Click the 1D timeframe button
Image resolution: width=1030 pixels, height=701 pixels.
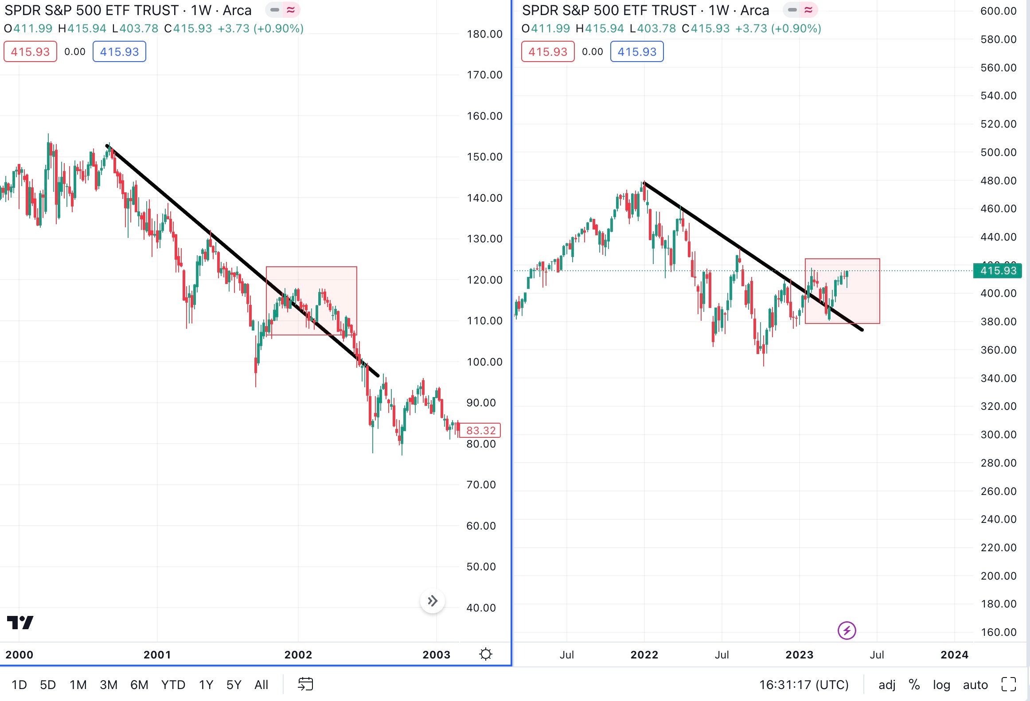tap(19, 685)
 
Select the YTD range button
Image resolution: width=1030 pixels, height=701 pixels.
tap(173, 685)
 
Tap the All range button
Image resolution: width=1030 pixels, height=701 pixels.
tap(261, 685)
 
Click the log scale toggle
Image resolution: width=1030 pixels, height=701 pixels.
tap(941, 685)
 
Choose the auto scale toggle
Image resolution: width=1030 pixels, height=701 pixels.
tap(975, 685)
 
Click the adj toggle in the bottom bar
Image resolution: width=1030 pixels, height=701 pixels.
tap(887, 685)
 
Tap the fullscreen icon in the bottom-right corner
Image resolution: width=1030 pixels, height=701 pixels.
tap(1009, 684)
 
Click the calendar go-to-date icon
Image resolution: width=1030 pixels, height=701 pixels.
tap(305, 684)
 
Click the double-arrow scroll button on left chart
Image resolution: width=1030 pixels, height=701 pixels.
tap(433, 601)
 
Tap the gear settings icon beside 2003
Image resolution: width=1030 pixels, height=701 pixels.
tap(486, 654)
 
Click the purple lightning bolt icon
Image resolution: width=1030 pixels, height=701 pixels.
tap(847, 630)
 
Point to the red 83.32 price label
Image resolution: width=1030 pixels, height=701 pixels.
tap(480, 430)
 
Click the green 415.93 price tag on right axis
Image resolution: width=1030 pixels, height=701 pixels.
tap(998, 270)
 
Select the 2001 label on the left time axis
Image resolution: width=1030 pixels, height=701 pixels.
tap(157, 654)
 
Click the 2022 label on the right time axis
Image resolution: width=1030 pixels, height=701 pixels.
tap(644, 654)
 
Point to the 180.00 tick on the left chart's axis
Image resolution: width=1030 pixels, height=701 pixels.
tap(484, 34)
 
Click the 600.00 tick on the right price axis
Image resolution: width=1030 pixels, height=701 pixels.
tap(998, 11)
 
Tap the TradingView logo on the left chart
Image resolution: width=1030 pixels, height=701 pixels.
tap(20, 623)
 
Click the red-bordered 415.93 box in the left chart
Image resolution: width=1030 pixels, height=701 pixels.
tap(30, 52)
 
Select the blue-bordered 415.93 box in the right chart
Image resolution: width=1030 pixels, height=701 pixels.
tap(637, 52)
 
